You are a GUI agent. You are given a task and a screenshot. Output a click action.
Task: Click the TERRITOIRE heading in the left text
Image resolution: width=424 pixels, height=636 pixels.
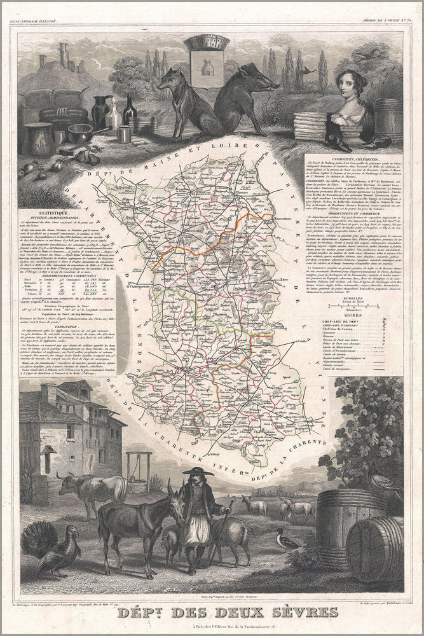(x=36, y=326)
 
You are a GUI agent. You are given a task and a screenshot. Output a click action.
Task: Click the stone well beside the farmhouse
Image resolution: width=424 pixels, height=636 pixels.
(x=138, y=467)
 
